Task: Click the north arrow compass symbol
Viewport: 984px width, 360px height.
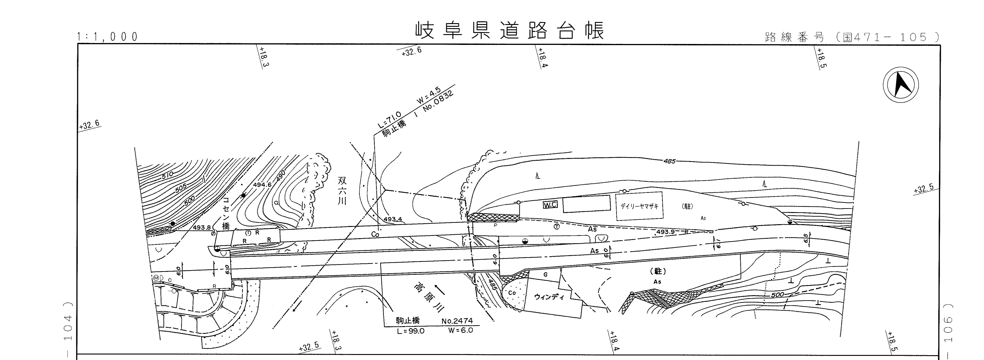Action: (x=900, y=85)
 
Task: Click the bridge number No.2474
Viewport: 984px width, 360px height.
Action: (x=457, y=321)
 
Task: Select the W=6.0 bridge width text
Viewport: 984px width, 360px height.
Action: (x=461, y=330)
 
